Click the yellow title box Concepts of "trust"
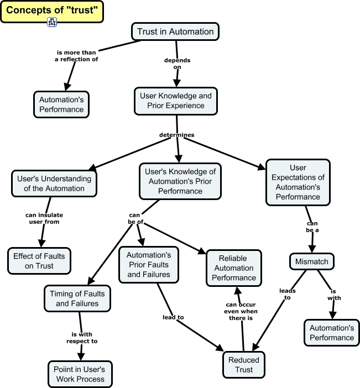51,11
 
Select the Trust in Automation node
175,32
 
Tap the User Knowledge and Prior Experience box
176,101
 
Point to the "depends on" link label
177,63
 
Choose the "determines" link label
176,134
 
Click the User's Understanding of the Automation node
54,183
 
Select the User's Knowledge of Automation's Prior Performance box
180,181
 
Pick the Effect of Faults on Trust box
39,261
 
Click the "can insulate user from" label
43,218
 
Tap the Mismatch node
312,261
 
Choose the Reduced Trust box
244,365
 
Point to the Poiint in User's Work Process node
80,374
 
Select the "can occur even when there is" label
242,311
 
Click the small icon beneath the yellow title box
52,22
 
